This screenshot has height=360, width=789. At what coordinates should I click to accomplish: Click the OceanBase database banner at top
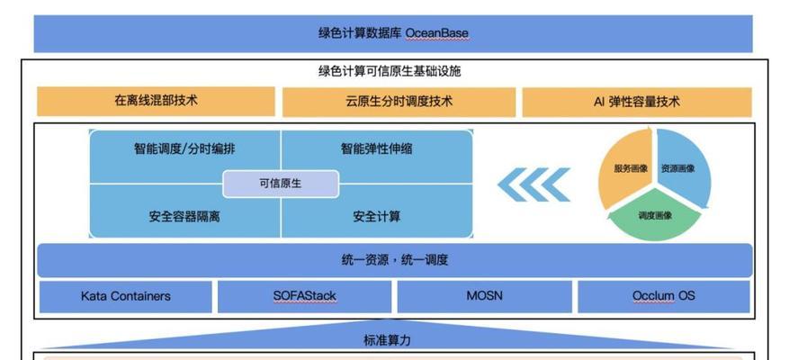pyautogui.click(x=393, y=33)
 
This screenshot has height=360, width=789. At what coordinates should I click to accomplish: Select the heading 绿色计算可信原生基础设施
pyautogui.click(x=390, y=71)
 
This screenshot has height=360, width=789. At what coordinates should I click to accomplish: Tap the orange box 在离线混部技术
pyautogui.click(x=156, y=101)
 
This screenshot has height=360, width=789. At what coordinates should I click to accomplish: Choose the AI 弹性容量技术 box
pyautogui.click(x=637, y=103)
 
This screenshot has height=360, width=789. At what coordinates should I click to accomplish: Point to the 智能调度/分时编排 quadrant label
pyautogui.click(x=184, y=149)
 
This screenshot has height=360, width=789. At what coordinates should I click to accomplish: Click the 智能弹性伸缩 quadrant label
pyautogui.click(x=376, y=149)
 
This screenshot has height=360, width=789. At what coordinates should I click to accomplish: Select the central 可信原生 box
pyautogui.click(x=281, y=184)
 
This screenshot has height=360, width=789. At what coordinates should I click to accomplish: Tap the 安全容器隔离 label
pyautogui.click(x=184, y=217)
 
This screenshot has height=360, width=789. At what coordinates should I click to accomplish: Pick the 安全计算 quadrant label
pyautogui.click(x=376, y=217)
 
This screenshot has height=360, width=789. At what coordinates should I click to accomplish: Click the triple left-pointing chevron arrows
pyautogui.click(x=533, y=184)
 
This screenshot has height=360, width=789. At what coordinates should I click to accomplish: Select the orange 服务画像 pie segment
pyautogui.click(x=625, y=168)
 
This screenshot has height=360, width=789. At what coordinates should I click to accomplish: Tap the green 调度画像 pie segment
pyautogui.click(x=655, y=215)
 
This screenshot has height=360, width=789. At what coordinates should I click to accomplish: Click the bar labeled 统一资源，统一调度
pyautogui.click(x=395, y=260)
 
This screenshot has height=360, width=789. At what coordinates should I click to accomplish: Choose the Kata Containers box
pyautogui.click(x=126, y=297)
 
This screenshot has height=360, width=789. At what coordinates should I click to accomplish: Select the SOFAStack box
pyautogui.click(x=304, y=297)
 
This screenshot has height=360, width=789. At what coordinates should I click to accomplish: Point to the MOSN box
pyautogui.click(x=485, y=297)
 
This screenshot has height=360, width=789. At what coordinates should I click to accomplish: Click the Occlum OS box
pyautogui.click(x=664, y=297)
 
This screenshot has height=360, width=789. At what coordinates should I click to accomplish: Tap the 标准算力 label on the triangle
pyautogui.click(x=387, y=340)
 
